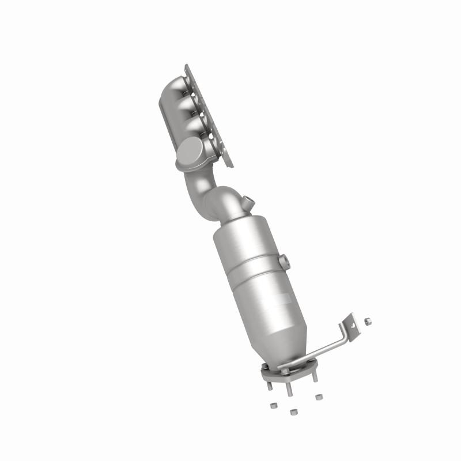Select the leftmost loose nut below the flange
274,405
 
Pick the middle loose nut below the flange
293,411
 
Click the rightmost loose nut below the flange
319,396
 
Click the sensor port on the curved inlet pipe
248,202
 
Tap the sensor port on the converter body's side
284,260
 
